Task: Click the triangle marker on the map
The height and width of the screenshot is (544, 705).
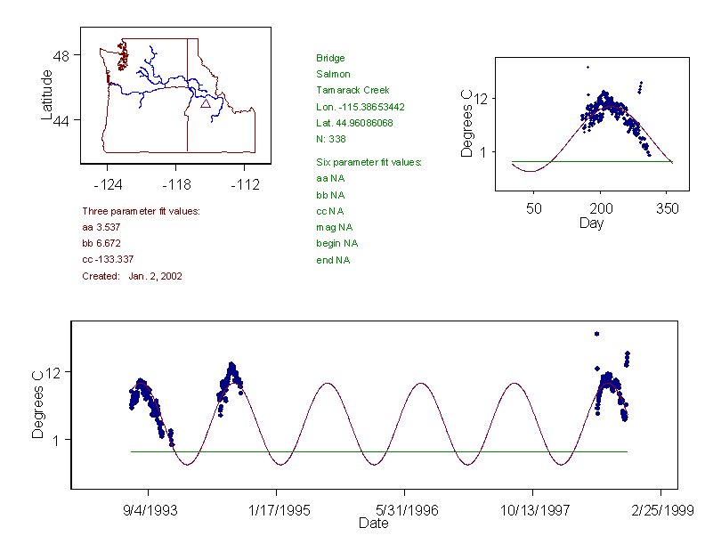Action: (x=206, y=103)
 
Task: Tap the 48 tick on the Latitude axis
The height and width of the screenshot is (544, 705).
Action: (x=62, y=54)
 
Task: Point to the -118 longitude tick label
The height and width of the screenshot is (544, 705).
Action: (x=175, y=184)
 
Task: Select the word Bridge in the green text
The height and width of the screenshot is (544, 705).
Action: (x=330, y=59)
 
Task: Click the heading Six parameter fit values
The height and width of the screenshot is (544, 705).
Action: (x=369, y=162)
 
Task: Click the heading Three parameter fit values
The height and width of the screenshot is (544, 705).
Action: (x=141, y=212)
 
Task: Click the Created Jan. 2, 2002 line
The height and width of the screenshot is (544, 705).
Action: (x=132, y=277)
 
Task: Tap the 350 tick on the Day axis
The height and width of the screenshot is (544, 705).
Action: (x=668, y=208)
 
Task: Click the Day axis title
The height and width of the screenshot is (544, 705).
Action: (x=591, y=223)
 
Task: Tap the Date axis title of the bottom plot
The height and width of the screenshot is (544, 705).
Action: (x=373, y=524)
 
